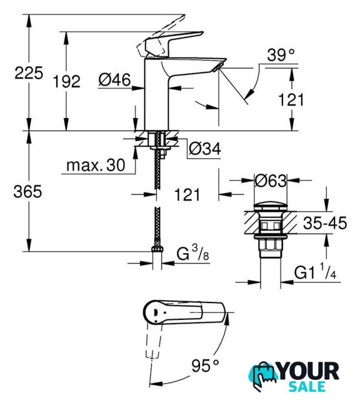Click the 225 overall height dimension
pyautogui.click(x=29, y=73)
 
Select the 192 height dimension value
pyautogui.click(x=66, y=82)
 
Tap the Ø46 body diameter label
pyautogui.click(x=114, y=79)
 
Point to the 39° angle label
pyautogui.click(x=281, y=54)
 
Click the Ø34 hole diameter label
pyautogui.click(x=205, y=148)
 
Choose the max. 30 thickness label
pyautogui.click(x=96, y=165)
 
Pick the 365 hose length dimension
pyautogui.click(x=27, y=192)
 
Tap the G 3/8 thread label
pyautogui.click(x=193, y=254)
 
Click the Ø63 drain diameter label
pyautogui.click(x=271, y=181)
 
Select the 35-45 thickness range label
pyautogui.click(x=325, y=222)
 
